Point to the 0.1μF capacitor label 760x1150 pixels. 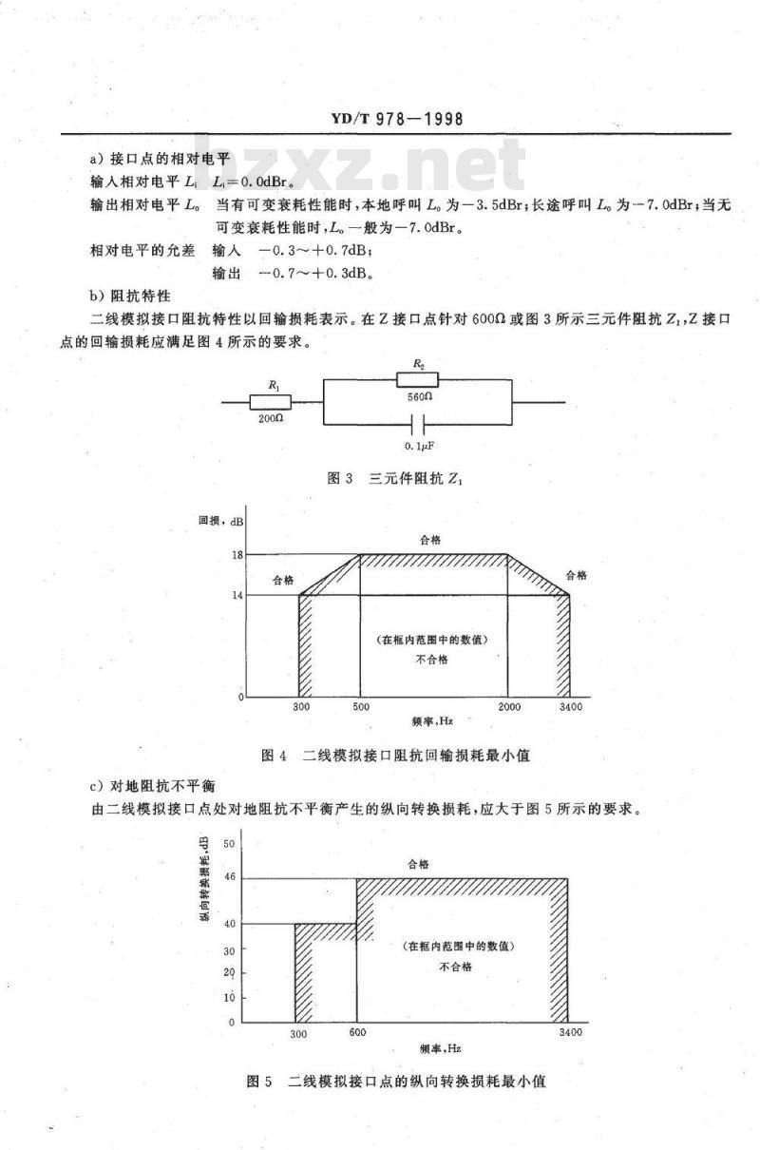click(x=419, y=445)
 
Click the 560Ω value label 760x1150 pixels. click(x=419, y=399)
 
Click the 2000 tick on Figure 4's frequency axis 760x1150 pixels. click(x=509, y=708)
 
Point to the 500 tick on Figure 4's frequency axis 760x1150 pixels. click(x=360, y=708)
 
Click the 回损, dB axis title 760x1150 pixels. click(x=221, y=521)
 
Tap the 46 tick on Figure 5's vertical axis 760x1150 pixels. click(x=229, y=878)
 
